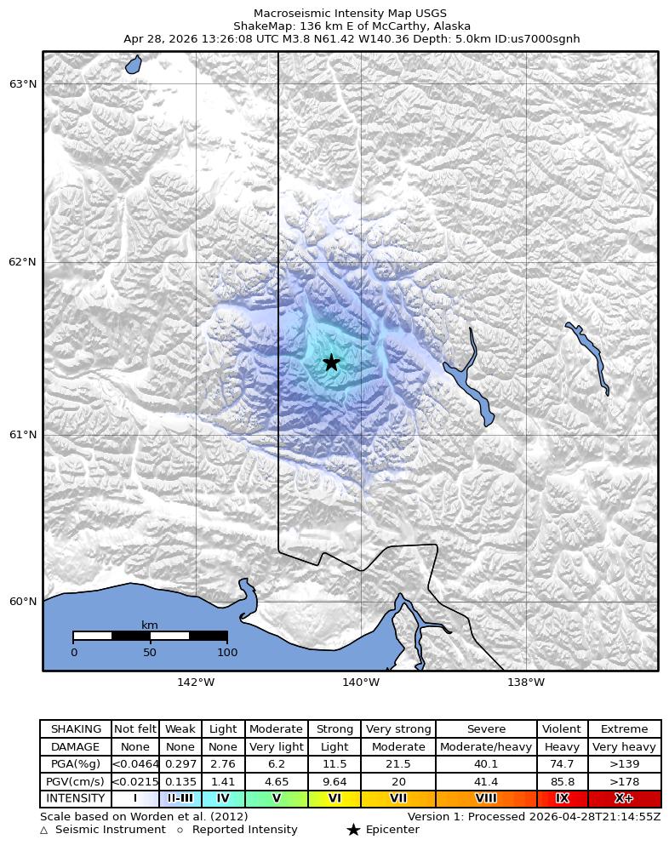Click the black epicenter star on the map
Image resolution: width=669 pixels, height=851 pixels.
tap(331, 363)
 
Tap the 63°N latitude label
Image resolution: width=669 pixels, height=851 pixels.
tap(23, 83)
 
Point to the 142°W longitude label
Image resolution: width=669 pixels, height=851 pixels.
tap(196, 682)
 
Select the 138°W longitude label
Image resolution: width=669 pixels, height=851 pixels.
tap(526, 682)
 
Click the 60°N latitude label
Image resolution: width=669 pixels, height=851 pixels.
tap(23, 602)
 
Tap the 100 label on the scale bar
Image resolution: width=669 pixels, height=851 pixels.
tap(227, 653)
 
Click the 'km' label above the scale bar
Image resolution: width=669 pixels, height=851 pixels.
tap(150, 625)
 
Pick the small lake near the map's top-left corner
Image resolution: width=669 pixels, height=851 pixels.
tap(134, 65)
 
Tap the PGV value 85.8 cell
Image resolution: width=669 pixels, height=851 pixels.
tap(562, 781)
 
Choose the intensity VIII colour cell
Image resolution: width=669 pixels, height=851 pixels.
tap(486, 798)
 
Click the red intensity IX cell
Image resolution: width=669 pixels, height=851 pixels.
tap(562, 798)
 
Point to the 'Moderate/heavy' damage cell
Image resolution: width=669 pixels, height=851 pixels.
tap(486, 747)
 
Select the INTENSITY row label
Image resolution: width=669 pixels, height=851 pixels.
tap(76, 798)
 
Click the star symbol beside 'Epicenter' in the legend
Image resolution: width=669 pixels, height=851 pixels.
tap(353, 830)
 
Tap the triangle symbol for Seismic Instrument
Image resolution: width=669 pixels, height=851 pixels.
tap(44, 830)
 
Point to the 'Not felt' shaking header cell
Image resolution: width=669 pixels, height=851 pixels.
tap(135, 729)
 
